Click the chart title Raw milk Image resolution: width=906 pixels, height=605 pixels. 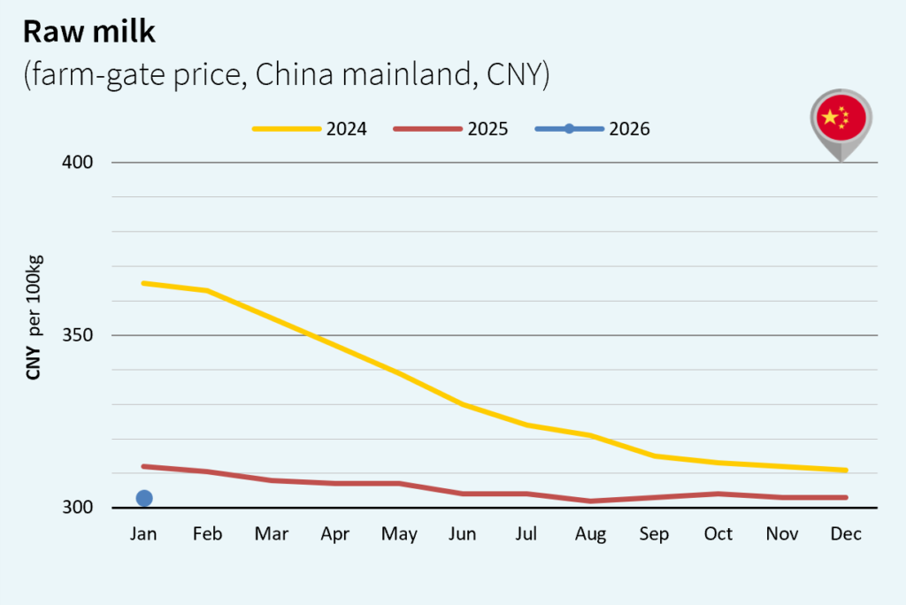(x=89, y=31)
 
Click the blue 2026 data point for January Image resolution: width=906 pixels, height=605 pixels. (x=144, y=498)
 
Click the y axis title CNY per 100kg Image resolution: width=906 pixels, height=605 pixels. (x=35, y=317)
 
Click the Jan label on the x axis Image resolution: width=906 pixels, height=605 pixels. (x=143, y=534)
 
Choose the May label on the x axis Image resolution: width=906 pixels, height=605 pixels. (x=399, y=534)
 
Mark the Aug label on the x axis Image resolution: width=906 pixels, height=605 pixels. (x=590, y=534)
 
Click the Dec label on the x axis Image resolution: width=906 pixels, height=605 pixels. (x=846, y=534)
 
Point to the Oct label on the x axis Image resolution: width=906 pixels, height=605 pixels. (x=718, y=534)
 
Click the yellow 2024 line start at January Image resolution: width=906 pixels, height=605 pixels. (x=144, y=283)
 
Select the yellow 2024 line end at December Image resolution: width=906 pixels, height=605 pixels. (x=846, y=470)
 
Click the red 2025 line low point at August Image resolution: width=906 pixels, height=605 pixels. (x=591, y=501)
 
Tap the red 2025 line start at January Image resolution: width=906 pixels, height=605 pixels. (x=144, y=466)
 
